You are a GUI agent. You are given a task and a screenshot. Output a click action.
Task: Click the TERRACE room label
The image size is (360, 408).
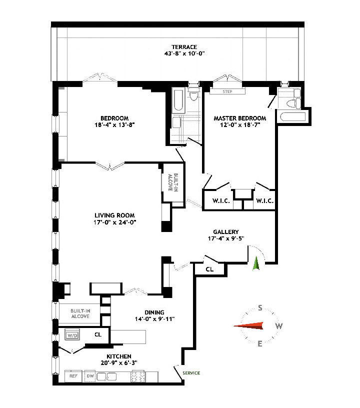(184, 47)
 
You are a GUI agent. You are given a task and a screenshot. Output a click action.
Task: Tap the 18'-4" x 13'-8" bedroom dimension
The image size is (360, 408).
(114, 125)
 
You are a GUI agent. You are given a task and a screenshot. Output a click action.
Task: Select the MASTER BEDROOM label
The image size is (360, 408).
(240, 118)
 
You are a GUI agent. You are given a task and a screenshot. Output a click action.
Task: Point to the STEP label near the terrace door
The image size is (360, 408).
(227, 91)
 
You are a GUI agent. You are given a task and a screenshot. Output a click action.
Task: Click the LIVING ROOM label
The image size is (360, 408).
(114, 215)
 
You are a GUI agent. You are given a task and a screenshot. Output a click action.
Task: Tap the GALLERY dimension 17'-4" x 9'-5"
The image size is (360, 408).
(226, 238)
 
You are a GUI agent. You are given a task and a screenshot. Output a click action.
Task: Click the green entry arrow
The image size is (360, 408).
(256, 263)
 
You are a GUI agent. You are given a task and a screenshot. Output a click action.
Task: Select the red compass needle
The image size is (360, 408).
(248, 326)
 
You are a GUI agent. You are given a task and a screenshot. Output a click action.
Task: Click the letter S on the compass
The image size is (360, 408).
(260, 308)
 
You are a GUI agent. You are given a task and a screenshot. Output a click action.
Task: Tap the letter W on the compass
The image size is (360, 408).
(279, 326)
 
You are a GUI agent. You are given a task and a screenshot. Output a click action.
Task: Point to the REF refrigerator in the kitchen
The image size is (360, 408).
(73, 376)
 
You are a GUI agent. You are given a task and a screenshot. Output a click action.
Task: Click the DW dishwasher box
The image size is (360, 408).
(90, 376)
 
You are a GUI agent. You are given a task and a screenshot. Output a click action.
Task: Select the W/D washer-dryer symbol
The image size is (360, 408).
(72, 335)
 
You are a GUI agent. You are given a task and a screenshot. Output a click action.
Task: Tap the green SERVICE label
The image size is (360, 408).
(191, 373)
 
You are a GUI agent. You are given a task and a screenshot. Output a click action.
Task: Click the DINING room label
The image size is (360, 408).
(154, 312)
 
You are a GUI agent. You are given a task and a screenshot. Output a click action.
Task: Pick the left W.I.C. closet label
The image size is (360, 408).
(221, 201)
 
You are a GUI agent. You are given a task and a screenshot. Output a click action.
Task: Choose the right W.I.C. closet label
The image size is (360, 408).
(265, 201)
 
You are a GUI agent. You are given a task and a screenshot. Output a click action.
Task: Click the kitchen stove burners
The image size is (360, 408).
(138, 376)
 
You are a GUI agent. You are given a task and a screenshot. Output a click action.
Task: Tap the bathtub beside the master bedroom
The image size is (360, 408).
(293, 117)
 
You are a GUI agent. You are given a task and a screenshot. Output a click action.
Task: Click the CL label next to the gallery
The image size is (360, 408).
(209, 269)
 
